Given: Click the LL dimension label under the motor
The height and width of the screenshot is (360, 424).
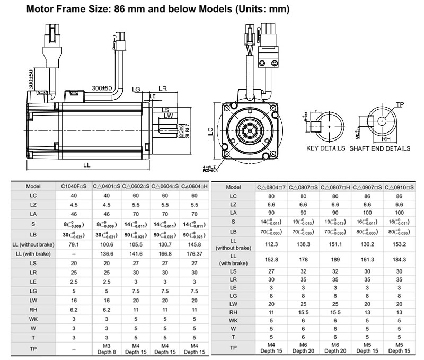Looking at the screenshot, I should click(87, 165).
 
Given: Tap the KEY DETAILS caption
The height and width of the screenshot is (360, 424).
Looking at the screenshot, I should click(326, 148).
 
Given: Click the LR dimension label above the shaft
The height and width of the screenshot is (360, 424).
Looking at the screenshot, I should click(163, 89).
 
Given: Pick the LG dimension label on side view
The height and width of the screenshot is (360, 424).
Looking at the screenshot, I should click(136, 90).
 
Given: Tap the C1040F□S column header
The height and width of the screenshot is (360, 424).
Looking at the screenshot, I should click(73, 187).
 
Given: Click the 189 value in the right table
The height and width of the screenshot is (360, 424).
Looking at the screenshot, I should click(335, 260).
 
